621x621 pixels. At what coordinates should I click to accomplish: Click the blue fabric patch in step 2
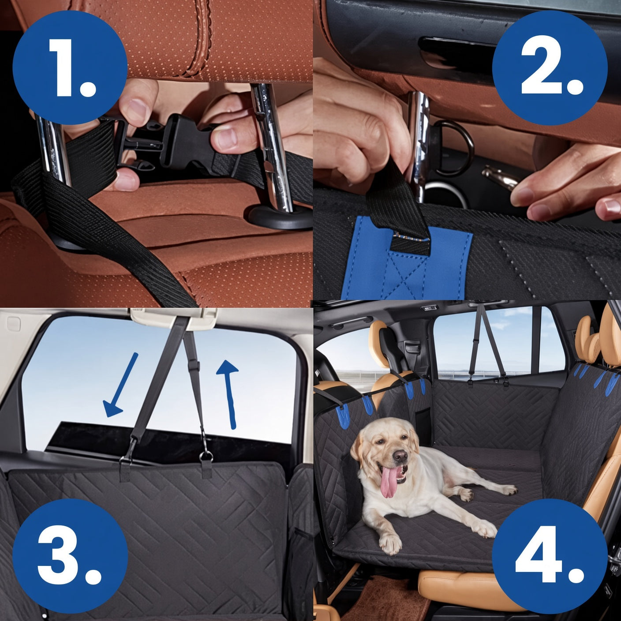click(406, 258)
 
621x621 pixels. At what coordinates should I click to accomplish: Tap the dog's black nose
click(400, 456)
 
